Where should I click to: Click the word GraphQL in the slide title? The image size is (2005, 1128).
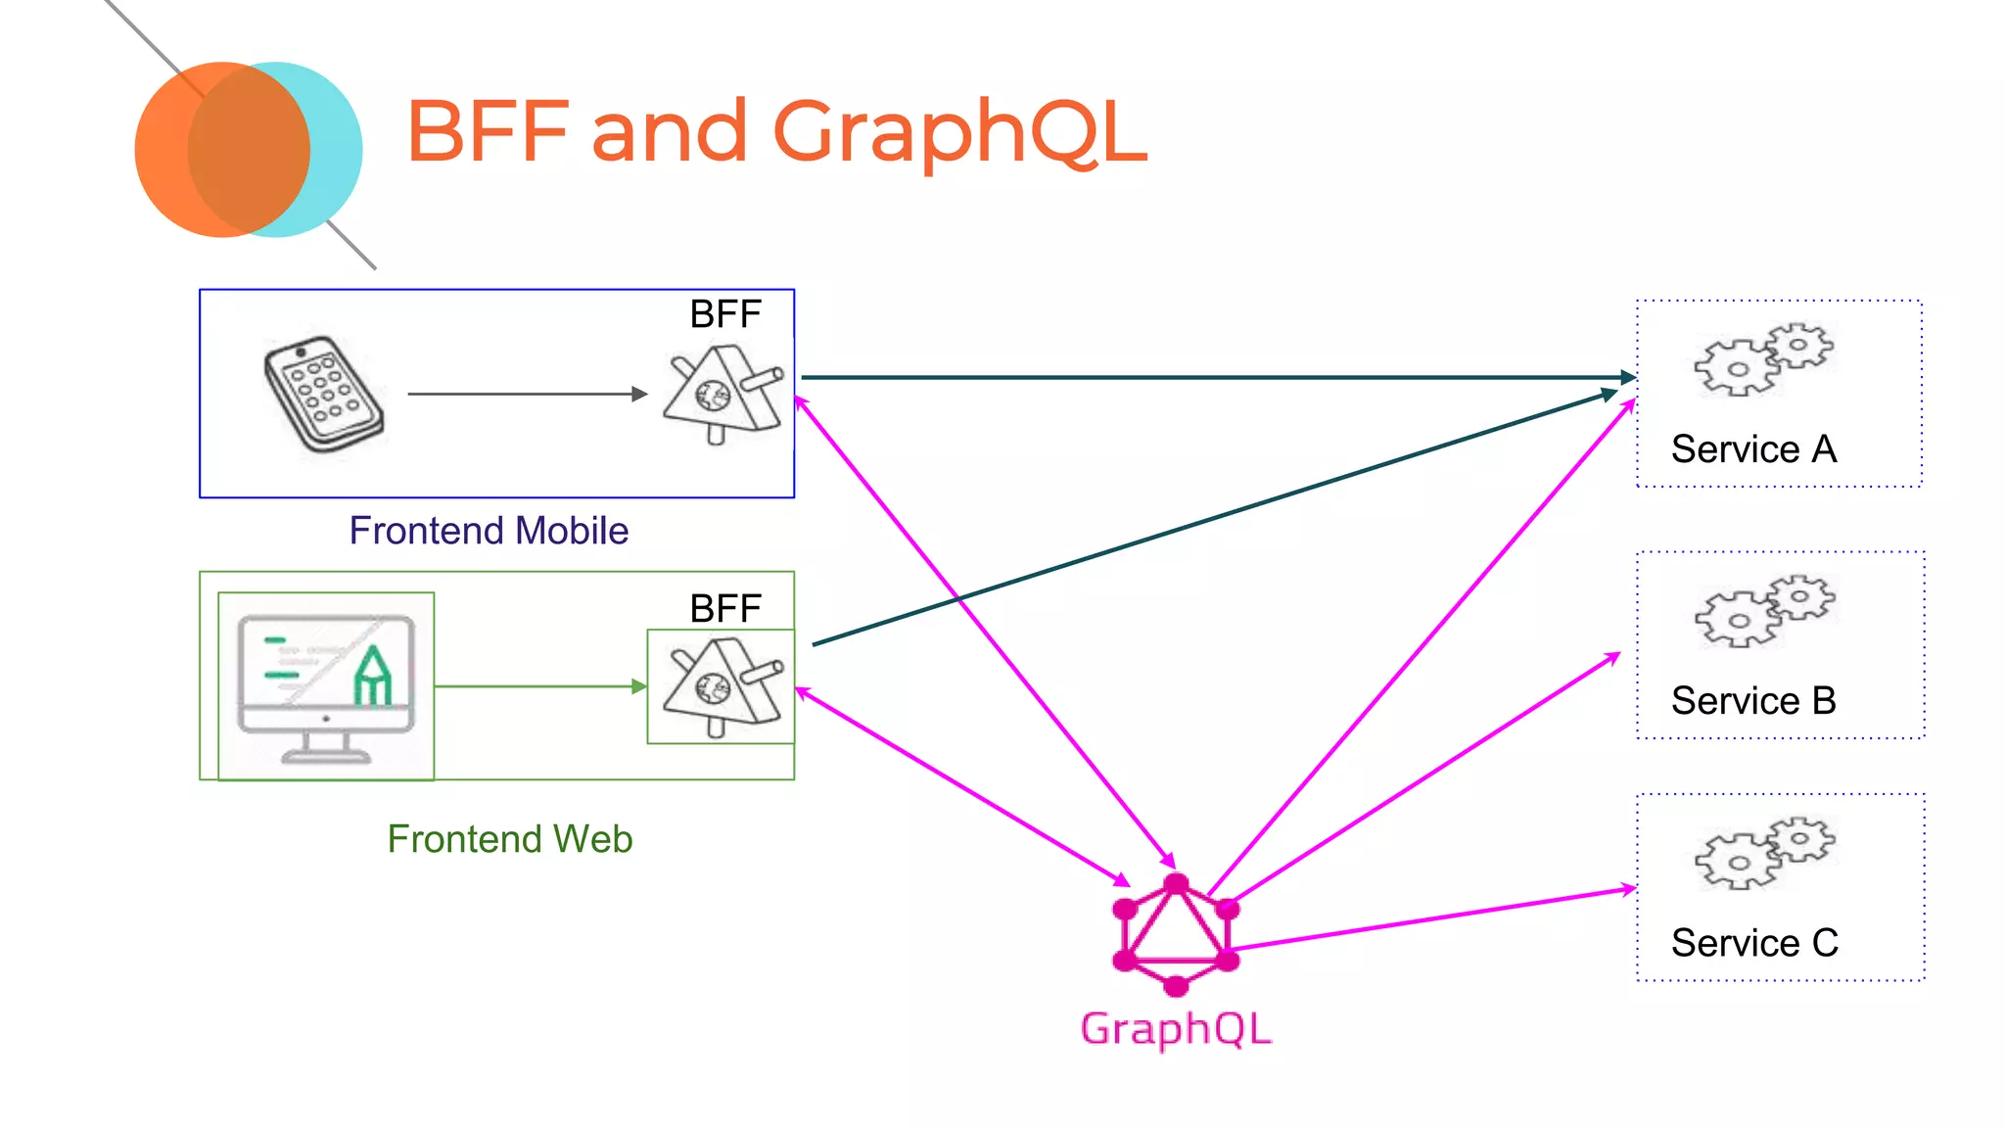(959, 132)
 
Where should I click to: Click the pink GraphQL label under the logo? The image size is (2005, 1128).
(1176, 1029)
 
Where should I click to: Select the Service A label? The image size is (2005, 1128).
(1753, 449)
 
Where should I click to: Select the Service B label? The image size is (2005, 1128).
(1753, 701)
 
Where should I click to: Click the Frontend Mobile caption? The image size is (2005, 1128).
(489, 531)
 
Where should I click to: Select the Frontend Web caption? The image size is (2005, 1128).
(509, 839)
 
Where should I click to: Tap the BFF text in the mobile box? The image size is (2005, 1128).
(724, 314)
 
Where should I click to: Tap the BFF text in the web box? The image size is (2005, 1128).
(724, 609)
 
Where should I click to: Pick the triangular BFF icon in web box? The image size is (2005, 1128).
(723, 686)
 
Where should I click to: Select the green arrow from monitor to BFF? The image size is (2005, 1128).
(538, 686)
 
